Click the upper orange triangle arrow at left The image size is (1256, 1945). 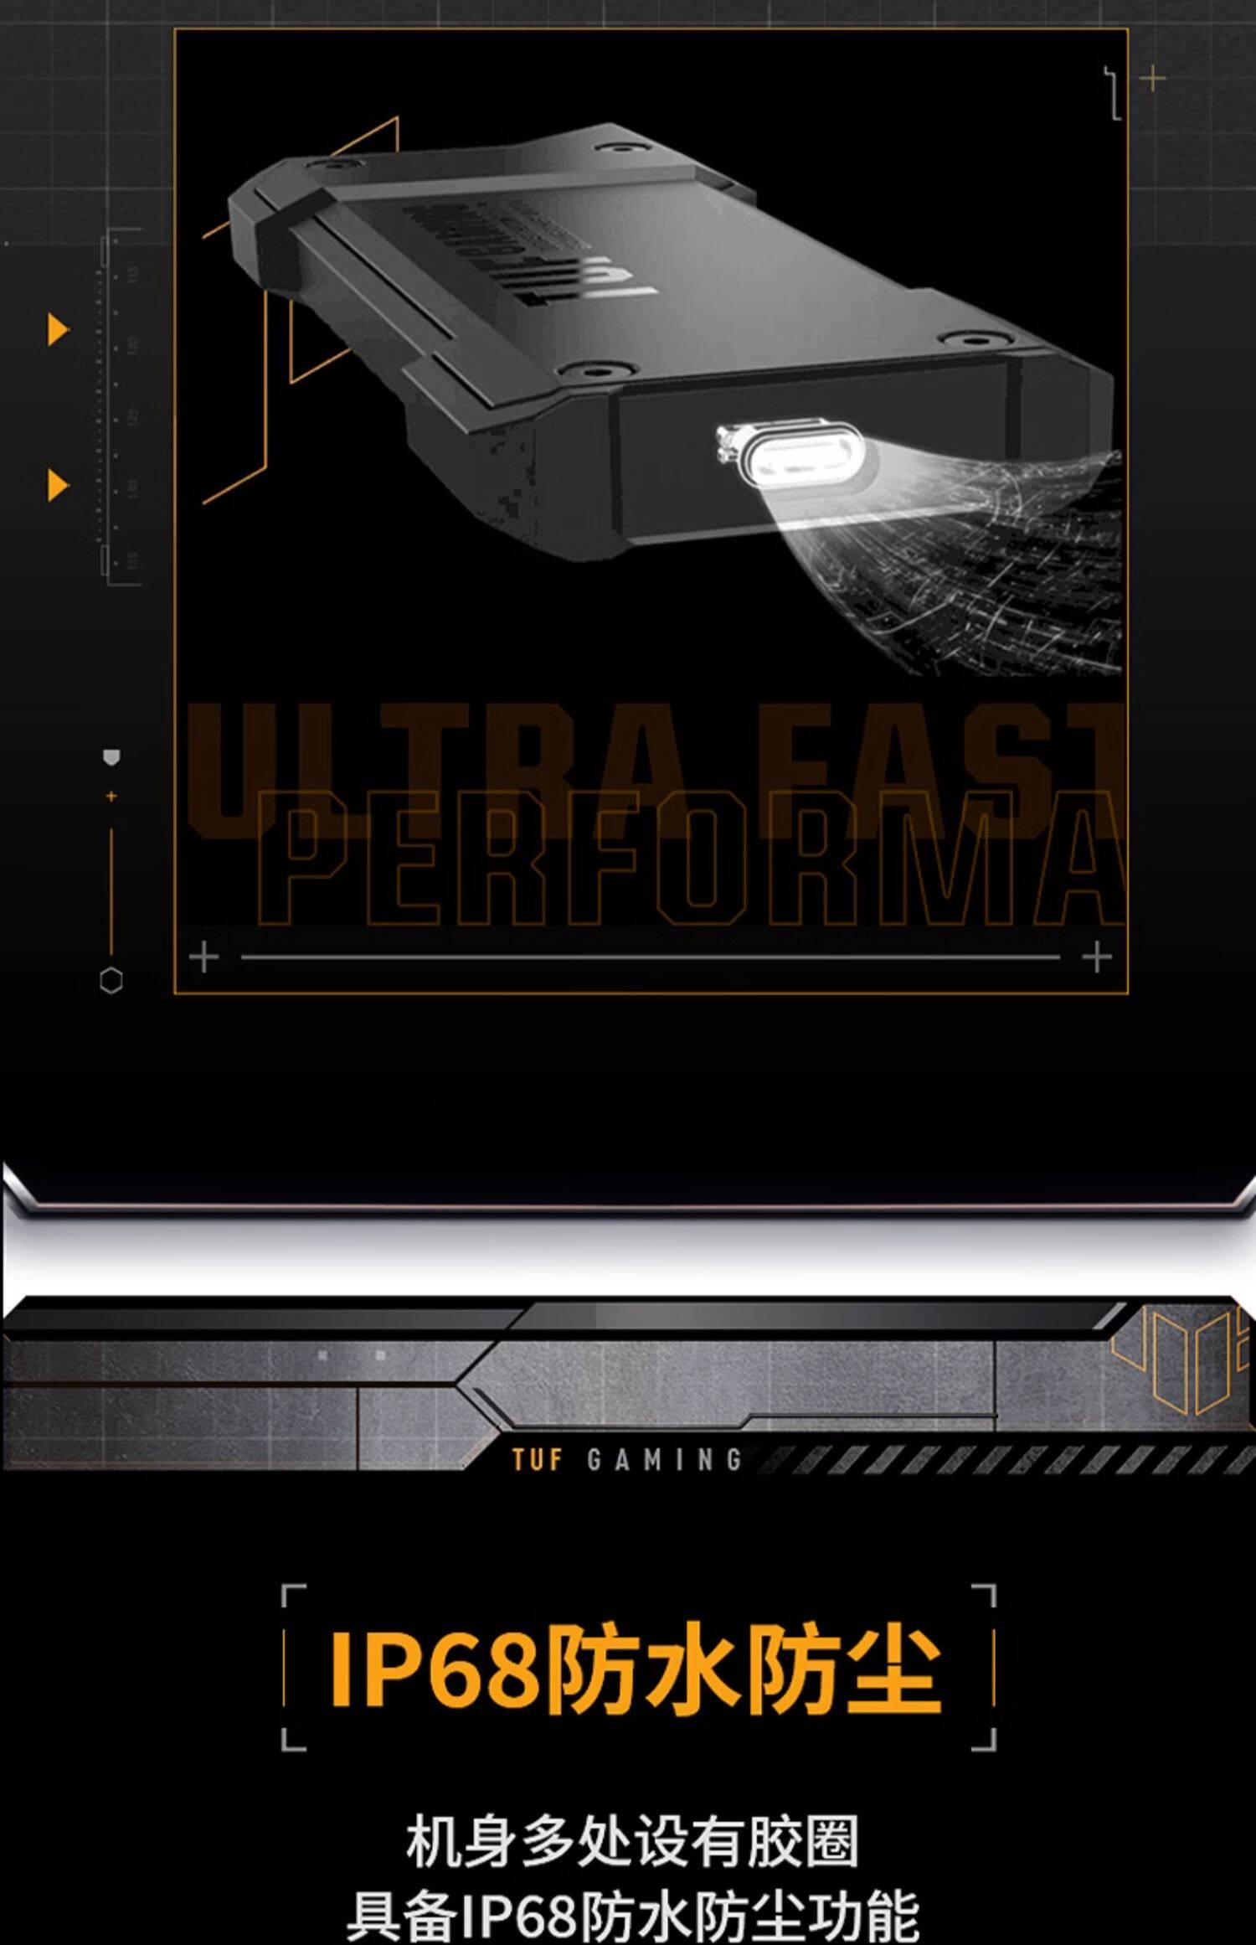57,331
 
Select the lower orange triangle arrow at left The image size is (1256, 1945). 57,485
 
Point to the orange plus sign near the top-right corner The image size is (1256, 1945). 1154,80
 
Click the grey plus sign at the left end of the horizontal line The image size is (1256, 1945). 204,957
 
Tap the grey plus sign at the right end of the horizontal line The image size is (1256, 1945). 1097,957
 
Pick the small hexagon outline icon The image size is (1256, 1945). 111,981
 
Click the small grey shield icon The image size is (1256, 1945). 111,757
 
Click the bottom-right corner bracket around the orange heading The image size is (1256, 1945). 985,1742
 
